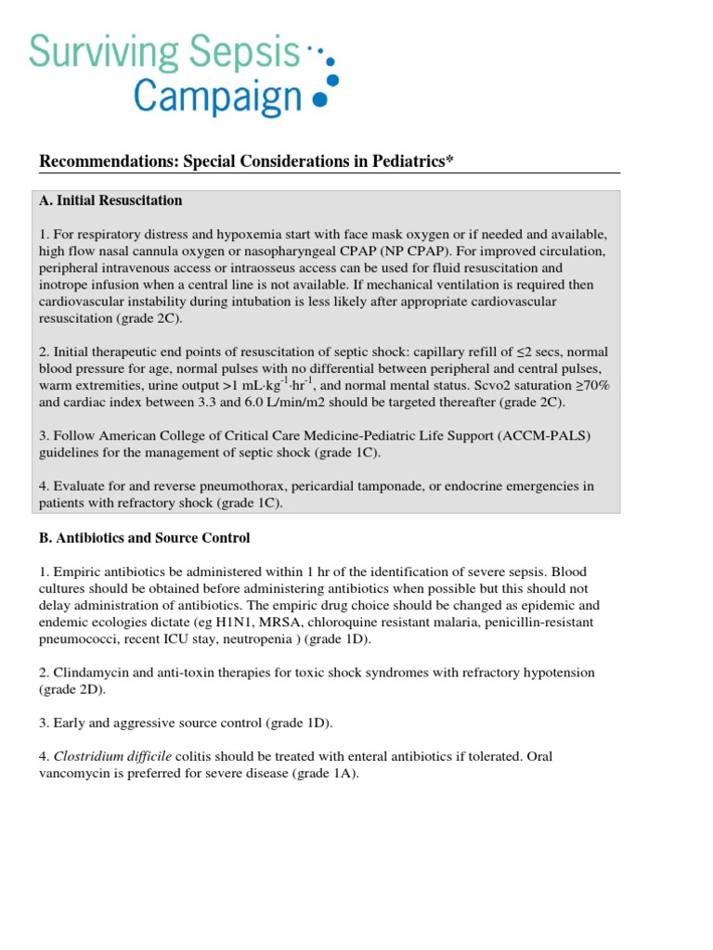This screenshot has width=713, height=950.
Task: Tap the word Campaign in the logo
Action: pyautogui.click(x=218, y=96)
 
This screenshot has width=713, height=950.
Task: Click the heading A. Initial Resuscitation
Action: pyautogui.click(x=110, y=200)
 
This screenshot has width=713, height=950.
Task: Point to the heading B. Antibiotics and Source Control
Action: pyautogui.click(x=144, y=538)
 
